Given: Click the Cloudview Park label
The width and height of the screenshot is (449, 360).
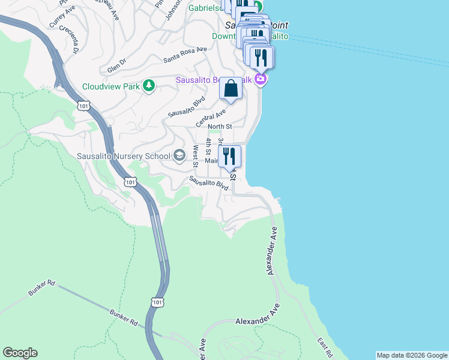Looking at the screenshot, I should (111, 86).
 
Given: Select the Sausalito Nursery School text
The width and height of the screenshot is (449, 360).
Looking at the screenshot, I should (124, 157).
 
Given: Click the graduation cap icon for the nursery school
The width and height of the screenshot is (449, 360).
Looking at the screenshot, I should (179, 157).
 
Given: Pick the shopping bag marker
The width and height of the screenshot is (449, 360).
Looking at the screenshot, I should (231, 89).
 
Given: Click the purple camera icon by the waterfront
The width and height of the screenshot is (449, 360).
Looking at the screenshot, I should (261, 79).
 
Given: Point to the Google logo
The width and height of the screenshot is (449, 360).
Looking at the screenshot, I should (20, 353).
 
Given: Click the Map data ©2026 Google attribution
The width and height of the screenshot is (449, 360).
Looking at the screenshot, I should (412, 355).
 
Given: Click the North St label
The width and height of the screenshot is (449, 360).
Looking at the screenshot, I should (220, 127).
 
